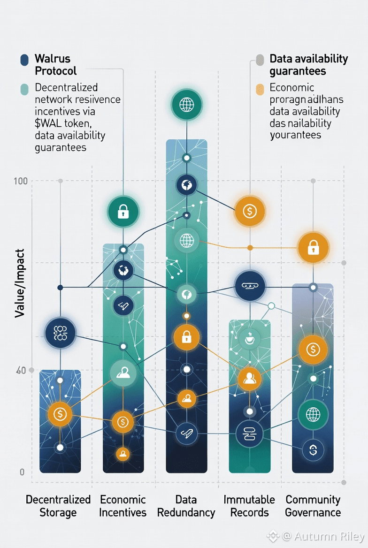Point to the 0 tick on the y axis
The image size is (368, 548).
tap(22, 472)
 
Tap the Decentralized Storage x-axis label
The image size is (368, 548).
tap(58, 506)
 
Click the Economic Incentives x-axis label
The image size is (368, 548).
tap(123, 506)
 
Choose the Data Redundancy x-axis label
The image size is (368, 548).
tap(186, 506)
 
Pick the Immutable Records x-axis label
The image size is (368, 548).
tap(249, 506)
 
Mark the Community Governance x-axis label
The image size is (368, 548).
tap(313, 506)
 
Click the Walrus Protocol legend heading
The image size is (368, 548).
tap(55, 65)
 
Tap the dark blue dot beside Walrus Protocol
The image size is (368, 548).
tap(24, 60)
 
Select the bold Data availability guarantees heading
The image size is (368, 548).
tap(308, 65)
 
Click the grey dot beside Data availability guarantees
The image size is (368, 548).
tap(260, 59)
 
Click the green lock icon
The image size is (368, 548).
tap(123, 212)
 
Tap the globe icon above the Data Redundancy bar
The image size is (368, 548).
tap(186, 103)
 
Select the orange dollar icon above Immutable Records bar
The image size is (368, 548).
tap(250, 211)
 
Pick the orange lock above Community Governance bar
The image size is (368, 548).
tap(313, 247)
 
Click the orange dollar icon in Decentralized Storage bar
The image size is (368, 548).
tap(60, 414)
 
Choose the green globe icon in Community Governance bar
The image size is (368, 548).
tap(313, 414)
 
